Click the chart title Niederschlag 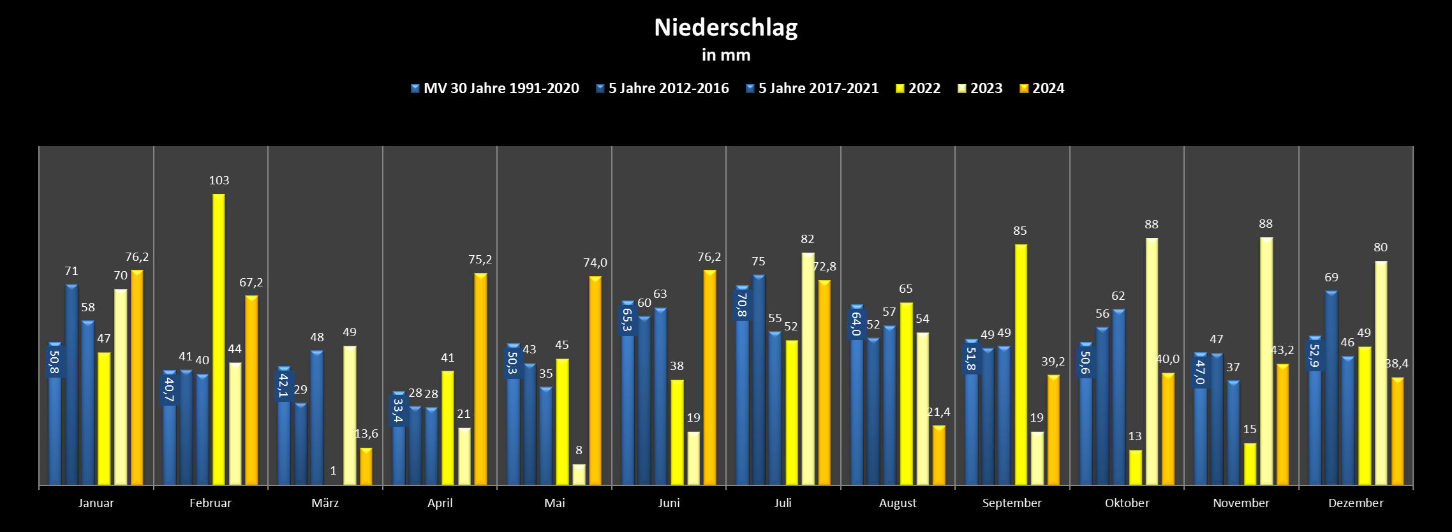click(x=725, y=27)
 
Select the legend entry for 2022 click(x=917, y=89)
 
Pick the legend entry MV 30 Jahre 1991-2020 click(x=495, y=89)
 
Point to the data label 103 click(x=219, y=181)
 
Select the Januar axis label click(x=96, y=503)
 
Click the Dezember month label click(x=1356, y=503)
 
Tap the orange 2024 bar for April click(x=480, y=379)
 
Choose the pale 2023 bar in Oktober click(x=1152, y=361)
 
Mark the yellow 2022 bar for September click(x=1021, y=364)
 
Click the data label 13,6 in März click(x=366, y=434)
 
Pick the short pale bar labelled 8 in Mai click(x=579, y=475)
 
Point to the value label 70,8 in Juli click(x=741, y=305)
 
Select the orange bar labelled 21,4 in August click(x=938, y=455)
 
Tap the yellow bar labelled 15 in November click(x=1250, y=464)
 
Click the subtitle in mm click(x=725, y=55)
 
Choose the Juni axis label click(x=669, y=503)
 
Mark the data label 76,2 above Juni click(x=709, y=257)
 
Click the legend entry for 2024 click(x=1042, y=89)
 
